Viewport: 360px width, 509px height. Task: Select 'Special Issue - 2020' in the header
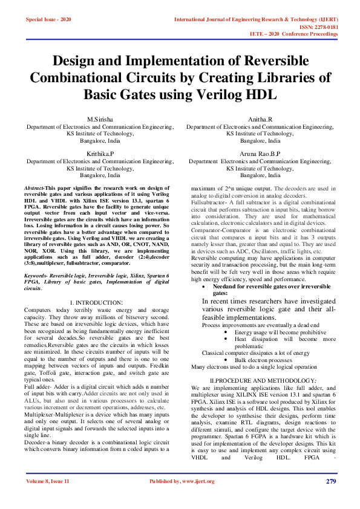pos(48,19)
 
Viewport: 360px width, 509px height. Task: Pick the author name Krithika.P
pos(100,154)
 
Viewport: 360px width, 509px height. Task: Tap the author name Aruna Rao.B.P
pos(260,154)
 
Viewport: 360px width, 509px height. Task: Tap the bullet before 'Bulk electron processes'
pos(226,359)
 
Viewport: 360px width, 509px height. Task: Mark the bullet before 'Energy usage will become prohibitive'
pos(226,332)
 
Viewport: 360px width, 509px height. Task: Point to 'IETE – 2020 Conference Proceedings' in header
pos(294,34)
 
